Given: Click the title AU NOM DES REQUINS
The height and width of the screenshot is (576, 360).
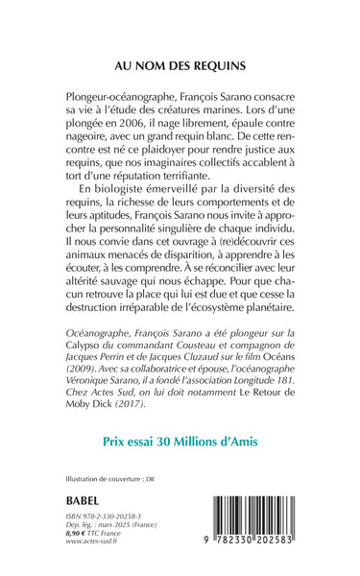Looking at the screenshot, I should (x=180, y=68).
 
